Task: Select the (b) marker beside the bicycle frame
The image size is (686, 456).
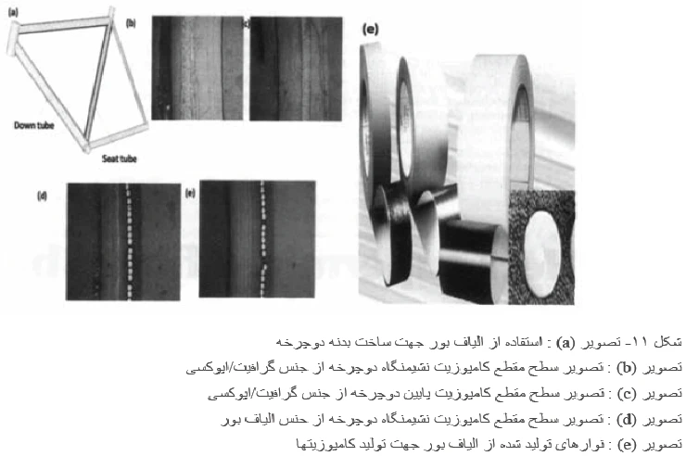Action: pyautogui.click(x=132, y=21)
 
